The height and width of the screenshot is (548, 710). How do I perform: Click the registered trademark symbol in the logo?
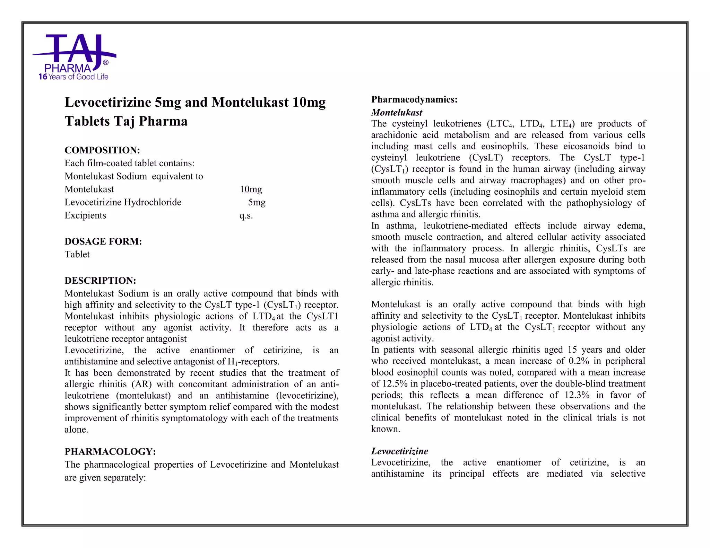[106, 63]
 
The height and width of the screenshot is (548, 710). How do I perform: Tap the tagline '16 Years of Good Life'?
[73, 77]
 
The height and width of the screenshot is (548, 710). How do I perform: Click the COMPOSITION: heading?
[102, 150]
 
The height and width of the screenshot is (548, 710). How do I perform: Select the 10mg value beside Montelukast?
[251, 189]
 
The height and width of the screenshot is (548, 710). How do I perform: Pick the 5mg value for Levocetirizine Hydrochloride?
[257, 202]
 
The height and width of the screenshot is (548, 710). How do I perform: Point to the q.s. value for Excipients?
[246, 216]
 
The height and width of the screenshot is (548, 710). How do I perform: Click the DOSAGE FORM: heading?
[103, 241]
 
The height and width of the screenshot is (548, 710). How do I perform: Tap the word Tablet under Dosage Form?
[77, 255]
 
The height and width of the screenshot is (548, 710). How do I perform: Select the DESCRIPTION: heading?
[101, 281]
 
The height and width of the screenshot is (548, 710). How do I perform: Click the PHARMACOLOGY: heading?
[110, 452]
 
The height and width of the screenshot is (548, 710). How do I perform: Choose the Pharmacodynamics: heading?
[414, 100]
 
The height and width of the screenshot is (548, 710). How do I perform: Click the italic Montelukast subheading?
[397, 113]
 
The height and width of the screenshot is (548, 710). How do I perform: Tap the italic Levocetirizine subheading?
[399, 451]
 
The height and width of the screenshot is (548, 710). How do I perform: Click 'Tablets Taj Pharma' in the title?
[126, 121]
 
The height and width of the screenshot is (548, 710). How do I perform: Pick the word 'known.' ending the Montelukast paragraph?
[386, 429]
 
